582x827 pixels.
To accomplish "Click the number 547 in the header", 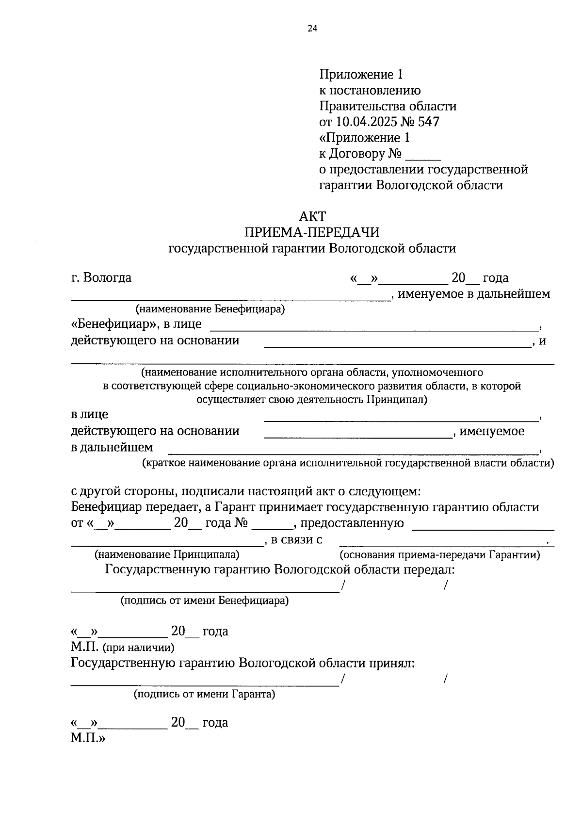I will [428, 122].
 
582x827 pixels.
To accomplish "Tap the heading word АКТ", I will [312, 216].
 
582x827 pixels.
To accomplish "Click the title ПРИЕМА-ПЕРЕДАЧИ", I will [312, 232].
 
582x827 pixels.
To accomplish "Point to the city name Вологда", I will [107, 278].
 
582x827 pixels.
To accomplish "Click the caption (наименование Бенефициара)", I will [210, 309].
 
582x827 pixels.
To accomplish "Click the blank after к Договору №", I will [422, 154].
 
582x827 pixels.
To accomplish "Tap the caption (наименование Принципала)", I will [167, 554].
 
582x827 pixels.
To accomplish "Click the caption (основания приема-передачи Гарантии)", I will [439, 554].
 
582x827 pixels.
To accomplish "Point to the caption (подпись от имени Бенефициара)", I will [205, 601].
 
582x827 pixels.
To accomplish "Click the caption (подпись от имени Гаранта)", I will [205, 694].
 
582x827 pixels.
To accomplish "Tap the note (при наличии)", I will [139, 647].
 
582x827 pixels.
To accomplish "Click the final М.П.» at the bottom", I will [88, 739].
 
